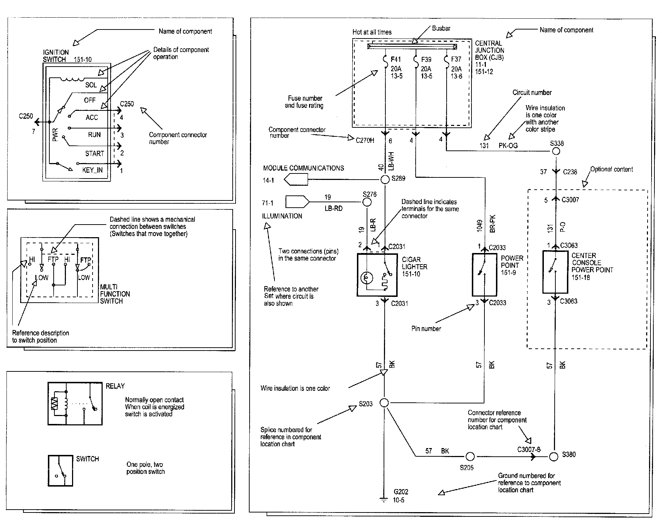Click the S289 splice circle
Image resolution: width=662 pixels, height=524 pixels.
click(x=385, y=179)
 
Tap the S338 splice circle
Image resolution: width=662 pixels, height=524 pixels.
click(x=556, y=151)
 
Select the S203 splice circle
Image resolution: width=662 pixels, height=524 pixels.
click(x=384, y=403)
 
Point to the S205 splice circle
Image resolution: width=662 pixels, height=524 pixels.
click(x=470, y=457)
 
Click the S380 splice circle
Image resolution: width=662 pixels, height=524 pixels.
click(x=554, y=456)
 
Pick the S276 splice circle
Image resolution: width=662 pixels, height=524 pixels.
click(x=367, y=202)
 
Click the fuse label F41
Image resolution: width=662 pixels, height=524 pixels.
click(x=396, y=59)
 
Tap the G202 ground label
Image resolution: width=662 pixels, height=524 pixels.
click(x=401, y=492)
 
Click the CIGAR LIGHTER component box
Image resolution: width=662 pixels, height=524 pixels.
click(x=377, y=275)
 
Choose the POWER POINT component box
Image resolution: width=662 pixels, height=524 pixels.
click(x=485, y=275)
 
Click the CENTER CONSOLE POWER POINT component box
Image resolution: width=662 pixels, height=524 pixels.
click(x=555, y=272)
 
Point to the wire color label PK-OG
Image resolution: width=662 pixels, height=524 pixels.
click(x=508, y=146)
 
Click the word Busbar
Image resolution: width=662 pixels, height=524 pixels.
click(x=441, y=28)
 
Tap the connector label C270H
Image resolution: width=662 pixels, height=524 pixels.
click(x=365, y=140)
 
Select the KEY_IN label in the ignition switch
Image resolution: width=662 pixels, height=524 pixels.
click(x=92, y=170)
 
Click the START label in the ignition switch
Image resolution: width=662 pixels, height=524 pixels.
click(x=95, y=154)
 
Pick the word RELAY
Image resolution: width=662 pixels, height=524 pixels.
click(x=115, y=386)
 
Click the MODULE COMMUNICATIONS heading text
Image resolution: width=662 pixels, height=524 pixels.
click(x=304, y=168)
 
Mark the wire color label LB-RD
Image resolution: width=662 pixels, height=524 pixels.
click(x=334, y=209)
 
